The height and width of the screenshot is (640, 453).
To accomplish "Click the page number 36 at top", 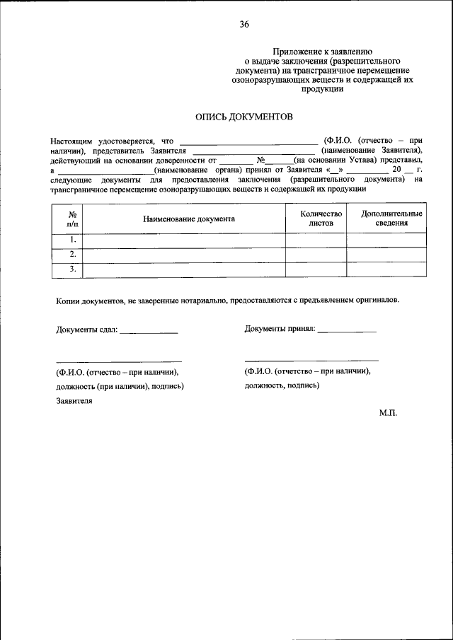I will click(x=243, y=24).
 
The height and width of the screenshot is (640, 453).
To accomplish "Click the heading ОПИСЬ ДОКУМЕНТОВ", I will click(x=243, y=116).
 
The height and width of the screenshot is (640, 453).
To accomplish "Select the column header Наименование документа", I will click(x=188, y=219).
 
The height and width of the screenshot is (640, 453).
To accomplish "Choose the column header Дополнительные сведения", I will click(x=391, y=218).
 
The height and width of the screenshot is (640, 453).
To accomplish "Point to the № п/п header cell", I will click(x=72, y=218).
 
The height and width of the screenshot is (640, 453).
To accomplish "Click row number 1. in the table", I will click(x=72, y=239).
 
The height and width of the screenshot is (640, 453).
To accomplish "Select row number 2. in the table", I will click(x=72, y=254).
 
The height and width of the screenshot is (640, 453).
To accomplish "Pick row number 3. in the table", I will click(x=72, y=269).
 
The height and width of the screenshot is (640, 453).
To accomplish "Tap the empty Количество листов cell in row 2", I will click(x=316, y=254).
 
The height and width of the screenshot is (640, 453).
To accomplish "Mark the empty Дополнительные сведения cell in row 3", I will click(x=386, y=269).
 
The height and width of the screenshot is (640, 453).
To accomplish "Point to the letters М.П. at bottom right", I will click(x=388, y=412).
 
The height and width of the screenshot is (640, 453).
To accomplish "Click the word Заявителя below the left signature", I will click(x=74, y=401).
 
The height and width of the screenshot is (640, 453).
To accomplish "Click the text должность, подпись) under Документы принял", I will click(x=282, y=385).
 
